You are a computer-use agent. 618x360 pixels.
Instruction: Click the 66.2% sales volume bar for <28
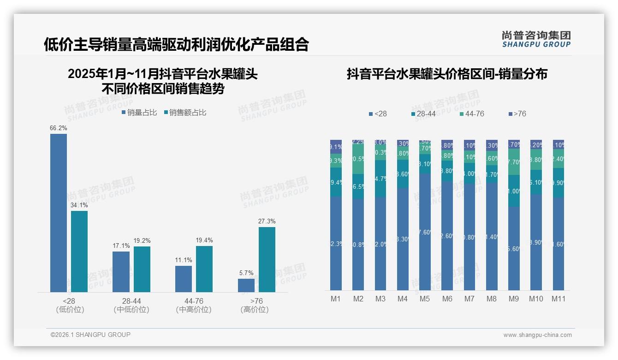click(59, 213)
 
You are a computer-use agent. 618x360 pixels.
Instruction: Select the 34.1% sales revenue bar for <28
click(79, 252)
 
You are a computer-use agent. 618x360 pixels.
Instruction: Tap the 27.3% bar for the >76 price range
click(267, 259)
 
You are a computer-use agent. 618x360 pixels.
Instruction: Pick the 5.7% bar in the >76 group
click(246, 285)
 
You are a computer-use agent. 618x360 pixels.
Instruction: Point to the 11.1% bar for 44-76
click(184, 279)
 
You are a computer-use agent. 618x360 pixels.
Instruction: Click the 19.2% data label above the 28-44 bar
click(142, 240)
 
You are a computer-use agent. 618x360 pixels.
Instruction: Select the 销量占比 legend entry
click(139, 112)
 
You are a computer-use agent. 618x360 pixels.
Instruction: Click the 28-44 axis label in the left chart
click(131, 301)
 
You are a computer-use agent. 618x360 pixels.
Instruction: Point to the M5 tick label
click(425, 299)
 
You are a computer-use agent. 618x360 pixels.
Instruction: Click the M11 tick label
click(559, 299)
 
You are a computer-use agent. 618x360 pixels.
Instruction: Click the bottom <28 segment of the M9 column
click(514, 248)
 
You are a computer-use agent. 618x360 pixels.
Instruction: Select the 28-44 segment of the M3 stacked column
click(380, 179)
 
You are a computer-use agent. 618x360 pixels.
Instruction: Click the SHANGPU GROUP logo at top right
click(536, 39)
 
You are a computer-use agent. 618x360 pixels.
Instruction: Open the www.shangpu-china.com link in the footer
click(537, 335)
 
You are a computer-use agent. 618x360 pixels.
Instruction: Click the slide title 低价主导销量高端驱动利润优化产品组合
click(176, 44)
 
